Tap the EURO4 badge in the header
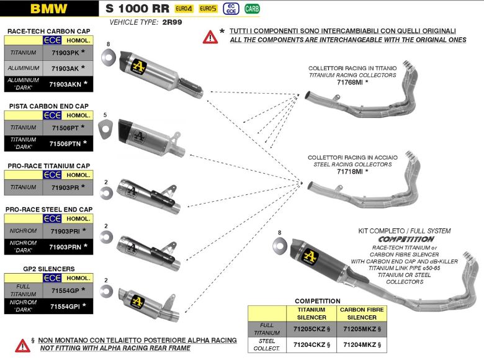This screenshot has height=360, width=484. [x=183, y=9]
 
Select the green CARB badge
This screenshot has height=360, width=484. [x=253, y=9]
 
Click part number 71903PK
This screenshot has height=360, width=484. [x=64, y=53]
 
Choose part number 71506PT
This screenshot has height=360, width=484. [x=64, y=127]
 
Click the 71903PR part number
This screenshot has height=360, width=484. [x=64, y=187]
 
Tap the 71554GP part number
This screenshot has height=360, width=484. [x=64, y=290]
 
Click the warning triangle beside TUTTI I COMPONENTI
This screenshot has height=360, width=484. [x=210, y=37]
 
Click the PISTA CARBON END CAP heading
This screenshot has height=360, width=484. [x=48, y=106]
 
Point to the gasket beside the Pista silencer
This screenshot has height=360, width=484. [x=105, y=127]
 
